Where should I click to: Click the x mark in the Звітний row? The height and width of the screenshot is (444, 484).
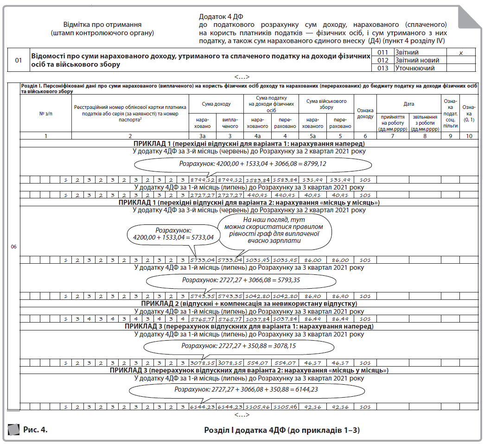point(461,53)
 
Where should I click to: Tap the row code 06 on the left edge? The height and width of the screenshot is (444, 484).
point(13,247)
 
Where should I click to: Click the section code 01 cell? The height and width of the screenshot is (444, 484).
point(19,60)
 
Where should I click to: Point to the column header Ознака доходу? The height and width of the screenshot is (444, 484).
point(365,113)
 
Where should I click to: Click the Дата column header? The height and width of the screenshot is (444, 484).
point(408,104)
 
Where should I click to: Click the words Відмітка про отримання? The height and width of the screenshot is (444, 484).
point(102,25)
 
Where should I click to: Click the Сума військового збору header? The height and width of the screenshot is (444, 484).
point(326,104)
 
